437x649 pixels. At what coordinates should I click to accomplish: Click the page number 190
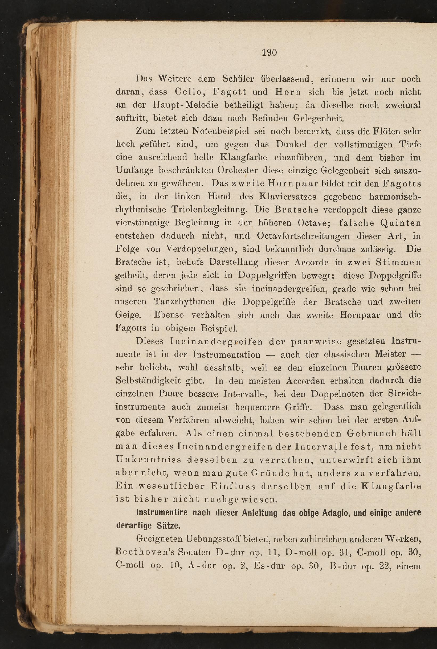pyautogui.click(x=269, y=52)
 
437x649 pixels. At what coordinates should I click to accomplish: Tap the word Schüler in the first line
pyautogui.click(x=238, y=79)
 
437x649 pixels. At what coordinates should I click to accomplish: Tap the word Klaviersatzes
pyautogui.click(x=288, y=197)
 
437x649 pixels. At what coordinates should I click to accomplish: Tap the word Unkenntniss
pyautogui.click(x=148, y=459)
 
